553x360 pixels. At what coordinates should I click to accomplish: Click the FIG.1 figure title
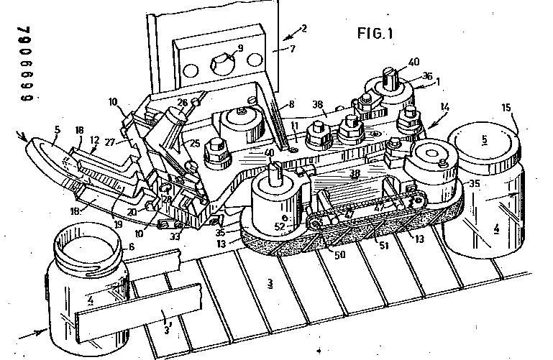click(x=378, y=34)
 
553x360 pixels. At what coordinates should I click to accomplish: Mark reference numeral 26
click(x=183, y=103)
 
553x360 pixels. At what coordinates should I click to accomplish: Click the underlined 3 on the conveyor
click(x=270, y=283)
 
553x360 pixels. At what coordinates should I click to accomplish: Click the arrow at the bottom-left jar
click(x=33, y=333)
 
